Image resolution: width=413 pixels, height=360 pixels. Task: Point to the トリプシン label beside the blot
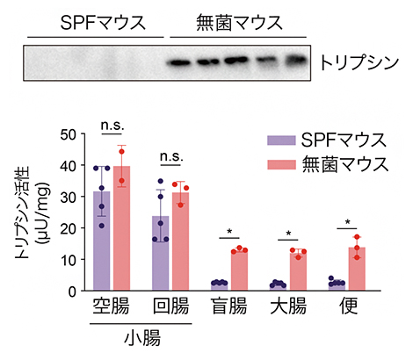[x=355, y=64]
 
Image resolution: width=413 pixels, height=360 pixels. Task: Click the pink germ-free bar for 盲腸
[x=239, y=270]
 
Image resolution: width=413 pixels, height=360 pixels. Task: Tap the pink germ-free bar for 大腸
[x=299, y=271]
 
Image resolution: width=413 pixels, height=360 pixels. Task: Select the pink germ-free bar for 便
[x=357, y=269]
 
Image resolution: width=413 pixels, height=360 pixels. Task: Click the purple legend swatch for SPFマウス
[x=279, y=140]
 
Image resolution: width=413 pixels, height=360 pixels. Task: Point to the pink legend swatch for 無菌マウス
[x=279, y=163]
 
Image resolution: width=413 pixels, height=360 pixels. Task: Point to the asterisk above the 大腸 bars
[x=289, y=234]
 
